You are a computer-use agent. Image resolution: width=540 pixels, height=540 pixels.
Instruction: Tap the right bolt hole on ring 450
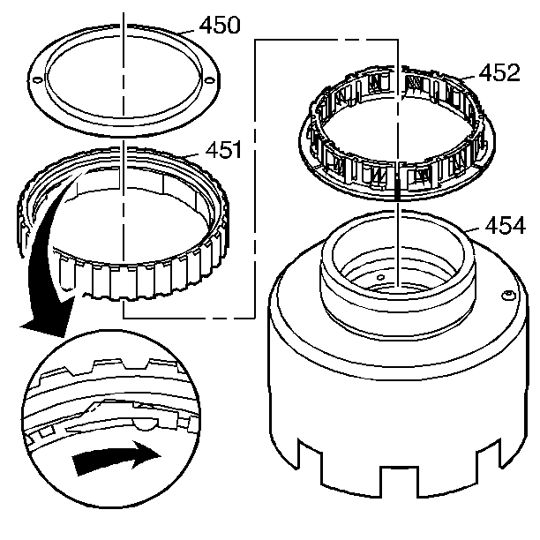(208, 82)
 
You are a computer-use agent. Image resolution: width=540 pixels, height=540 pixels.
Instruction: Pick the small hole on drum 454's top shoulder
(508, 295)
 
